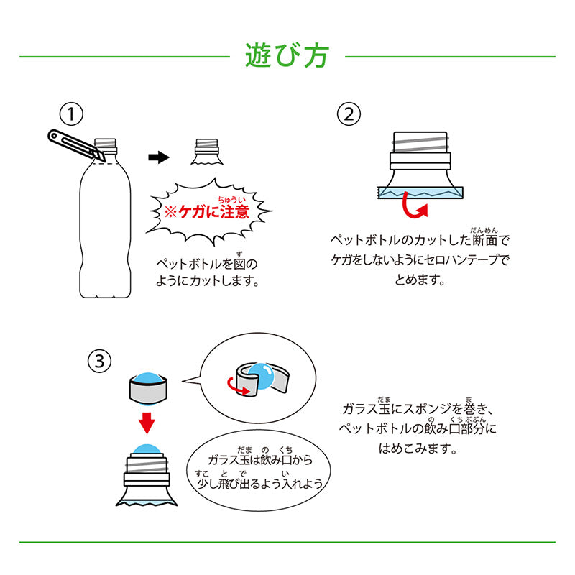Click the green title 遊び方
coord(287,56)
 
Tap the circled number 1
coord(71,114)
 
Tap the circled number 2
coord(349,114)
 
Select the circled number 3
coord(99,362)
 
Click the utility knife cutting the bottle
coord(76,145)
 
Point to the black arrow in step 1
coord(159,157)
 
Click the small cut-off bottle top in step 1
coord(207,152)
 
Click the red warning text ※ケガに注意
coord(207,212)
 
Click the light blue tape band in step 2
coord(420,193)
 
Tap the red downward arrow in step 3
coord(147,423)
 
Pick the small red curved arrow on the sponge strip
coord(238,387)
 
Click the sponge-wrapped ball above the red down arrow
coord(148,389)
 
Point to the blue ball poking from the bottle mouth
coord(147,450)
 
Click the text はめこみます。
coord(418,448)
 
